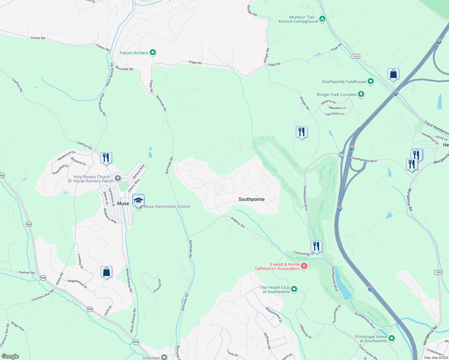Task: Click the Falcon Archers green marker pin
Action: (153, 52)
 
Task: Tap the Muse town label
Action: (123, 203)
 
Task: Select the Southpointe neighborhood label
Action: (252, 199)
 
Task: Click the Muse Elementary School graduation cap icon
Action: (138, 200)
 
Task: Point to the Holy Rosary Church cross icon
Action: (118, 179)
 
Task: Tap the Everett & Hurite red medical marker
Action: (304, 266)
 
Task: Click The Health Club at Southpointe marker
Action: (294, 289)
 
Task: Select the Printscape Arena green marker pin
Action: (391, 338)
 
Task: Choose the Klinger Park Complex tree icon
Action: (361, 94)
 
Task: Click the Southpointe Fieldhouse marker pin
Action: (371, 81)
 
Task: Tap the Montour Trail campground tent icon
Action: (322, 19)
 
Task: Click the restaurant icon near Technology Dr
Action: (316, 246)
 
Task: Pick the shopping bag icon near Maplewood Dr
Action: (107, 272)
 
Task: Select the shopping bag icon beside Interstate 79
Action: (393, 74)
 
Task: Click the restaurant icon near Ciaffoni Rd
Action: (106, 158)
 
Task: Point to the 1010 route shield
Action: (356, 56)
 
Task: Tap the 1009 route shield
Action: (438, 272)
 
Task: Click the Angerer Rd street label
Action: (238, 222)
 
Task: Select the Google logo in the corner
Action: (10, 356)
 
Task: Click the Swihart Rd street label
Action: (27, 272)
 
